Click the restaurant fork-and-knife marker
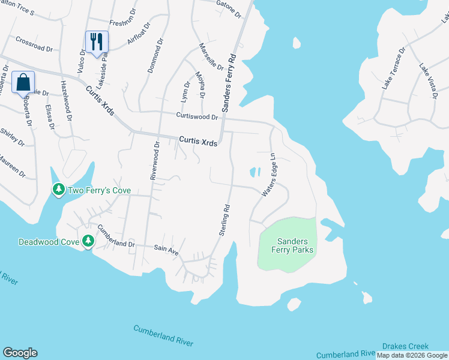coord(97,42)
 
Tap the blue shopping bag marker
coord(23,83)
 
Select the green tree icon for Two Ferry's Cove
coord(58,190)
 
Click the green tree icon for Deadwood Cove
coord(88,241)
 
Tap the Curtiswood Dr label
coord(196,116)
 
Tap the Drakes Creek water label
coord(405,347)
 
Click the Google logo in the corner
coord(20,353)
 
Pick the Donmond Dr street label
coord(155,56)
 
